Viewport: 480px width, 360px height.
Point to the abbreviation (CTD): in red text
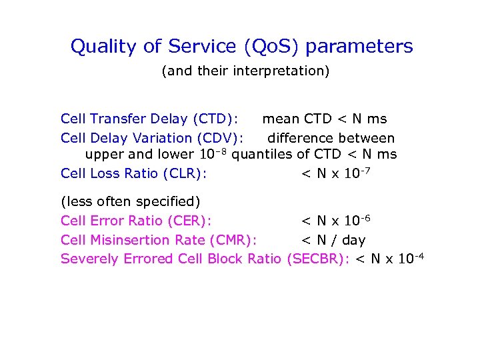(215, 119)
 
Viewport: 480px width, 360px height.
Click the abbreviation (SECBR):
(317, 259)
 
